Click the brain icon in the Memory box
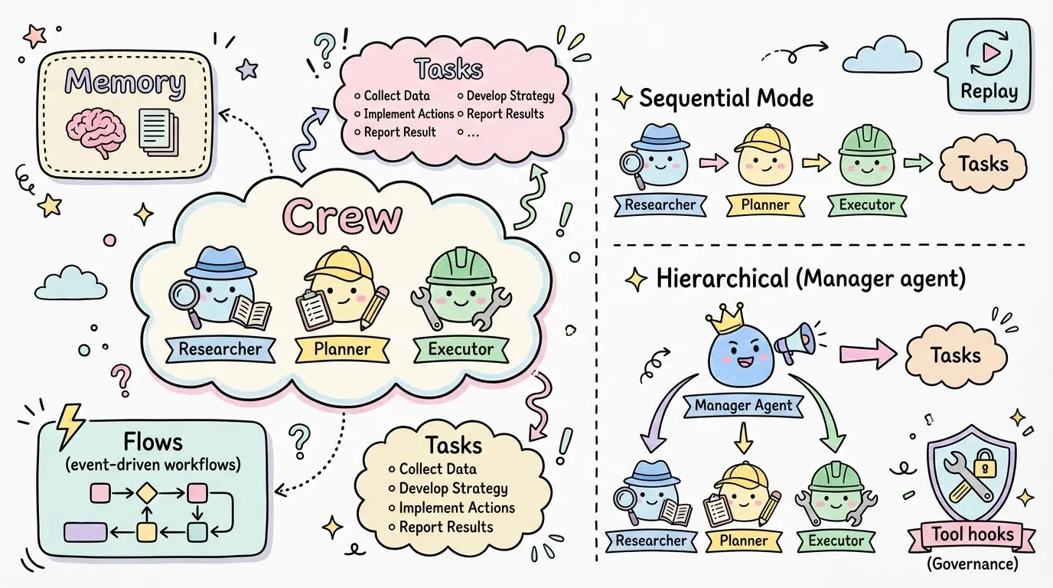(94, 131)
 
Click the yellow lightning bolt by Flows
(70, 425)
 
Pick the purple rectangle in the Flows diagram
(85, 531)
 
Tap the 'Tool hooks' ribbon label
(973, 534)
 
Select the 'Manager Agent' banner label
(743, 406)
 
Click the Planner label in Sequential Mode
(765, 205)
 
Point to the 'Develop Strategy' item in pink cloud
(510, 96)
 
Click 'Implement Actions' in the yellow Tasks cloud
(457, 508)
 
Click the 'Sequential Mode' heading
(725, 99)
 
